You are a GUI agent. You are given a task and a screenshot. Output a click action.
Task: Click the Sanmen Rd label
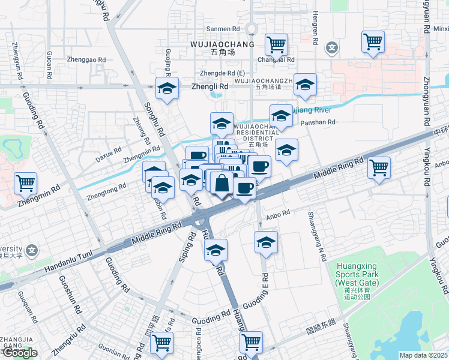[223, 29]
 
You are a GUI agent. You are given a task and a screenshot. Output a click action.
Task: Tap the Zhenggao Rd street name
[86, 60]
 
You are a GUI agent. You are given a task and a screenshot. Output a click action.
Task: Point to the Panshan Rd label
[318, 122]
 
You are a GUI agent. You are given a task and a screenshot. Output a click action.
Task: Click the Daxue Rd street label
[109, 154]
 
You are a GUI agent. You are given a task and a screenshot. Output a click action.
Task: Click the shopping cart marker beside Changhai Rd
[276, 44]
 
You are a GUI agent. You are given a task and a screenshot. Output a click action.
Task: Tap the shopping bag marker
[221, 182]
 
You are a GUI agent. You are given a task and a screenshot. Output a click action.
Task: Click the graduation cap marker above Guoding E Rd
[266, 242]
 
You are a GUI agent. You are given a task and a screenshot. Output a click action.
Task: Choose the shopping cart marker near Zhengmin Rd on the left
[26, 183]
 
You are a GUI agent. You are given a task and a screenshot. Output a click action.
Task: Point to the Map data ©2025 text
[423, 355]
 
